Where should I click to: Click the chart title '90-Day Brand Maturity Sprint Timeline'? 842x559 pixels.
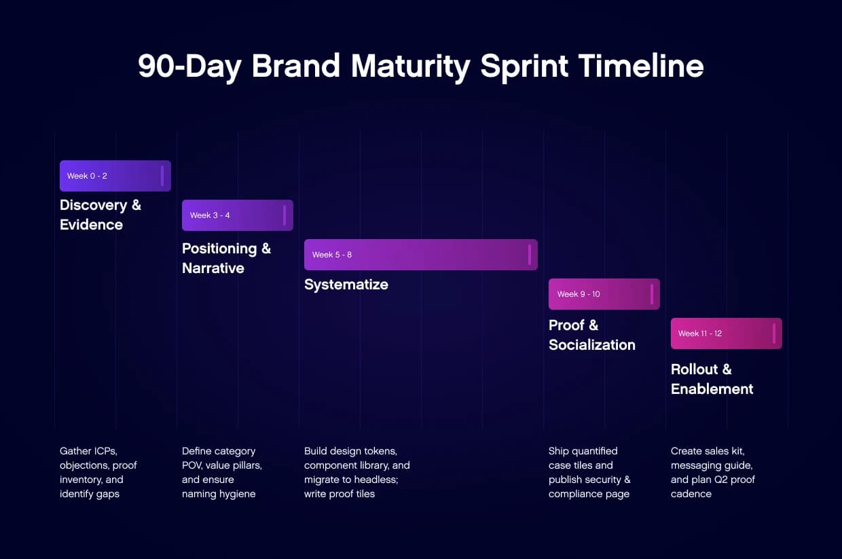point(420,67)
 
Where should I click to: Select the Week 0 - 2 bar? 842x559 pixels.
point(115,176)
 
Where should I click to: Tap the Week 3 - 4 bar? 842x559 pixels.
point(237,215)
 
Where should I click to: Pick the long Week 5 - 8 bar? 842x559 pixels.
point(420,255)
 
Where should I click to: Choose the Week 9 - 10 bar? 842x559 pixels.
point(604,294)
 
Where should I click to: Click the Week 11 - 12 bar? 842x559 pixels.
point(726,333)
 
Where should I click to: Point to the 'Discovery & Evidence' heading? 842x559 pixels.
point(100,215)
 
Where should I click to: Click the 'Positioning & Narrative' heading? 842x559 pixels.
point(226,258)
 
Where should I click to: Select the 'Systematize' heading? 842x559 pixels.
point(346,285)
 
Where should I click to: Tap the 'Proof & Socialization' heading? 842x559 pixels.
point(591,335)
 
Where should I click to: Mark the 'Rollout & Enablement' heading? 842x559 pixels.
point(712,379)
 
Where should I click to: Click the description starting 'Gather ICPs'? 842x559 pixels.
point(98,472)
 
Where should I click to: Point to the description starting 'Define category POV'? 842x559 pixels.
point(221,472)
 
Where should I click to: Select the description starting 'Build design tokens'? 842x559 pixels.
point(356,472)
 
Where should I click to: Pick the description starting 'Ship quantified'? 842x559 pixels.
point(589,472)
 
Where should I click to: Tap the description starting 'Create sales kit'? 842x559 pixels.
point(712,472)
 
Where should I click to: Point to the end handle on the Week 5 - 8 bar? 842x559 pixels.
point(529,255)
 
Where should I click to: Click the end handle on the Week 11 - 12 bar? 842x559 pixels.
point(773,333)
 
